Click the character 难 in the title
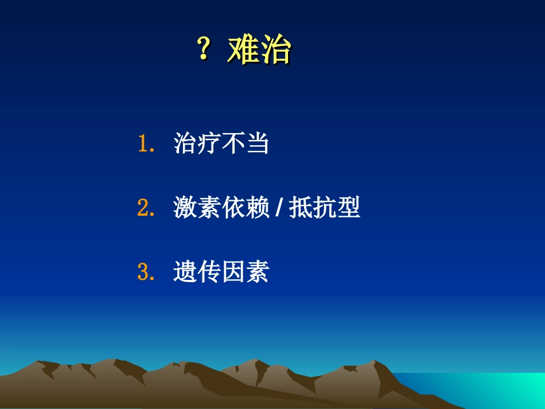point(243,50)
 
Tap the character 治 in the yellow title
point(275,50)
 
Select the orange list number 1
point(143,144)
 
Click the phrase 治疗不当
point(221,144)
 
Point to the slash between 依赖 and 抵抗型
point(278,209)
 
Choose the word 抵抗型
point(325,208)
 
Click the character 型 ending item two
point(349,208)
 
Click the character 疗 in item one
point(209,144)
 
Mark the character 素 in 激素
point(209,208)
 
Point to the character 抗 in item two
point(325,208)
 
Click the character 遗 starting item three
point(185,272)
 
